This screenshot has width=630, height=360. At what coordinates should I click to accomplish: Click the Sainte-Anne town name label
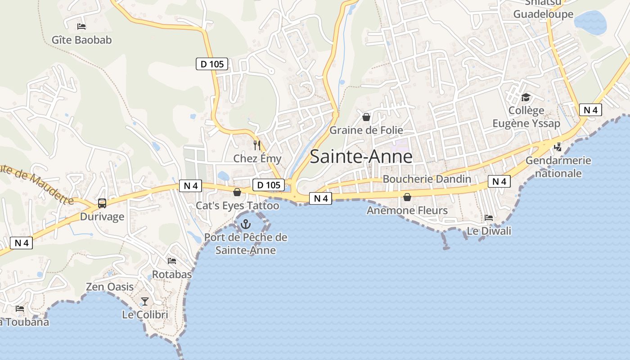(361, 156)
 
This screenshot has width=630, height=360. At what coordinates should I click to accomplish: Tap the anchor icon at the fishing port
(246, 223)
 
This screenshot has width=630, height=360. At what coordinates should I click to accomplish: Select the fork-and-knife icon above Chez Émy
(257, 145)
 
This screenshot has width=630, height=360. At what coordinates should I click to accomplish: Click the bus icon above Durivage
(102, 203)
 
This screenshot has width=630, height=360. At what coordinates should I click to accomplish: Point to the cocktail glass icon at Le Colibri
(145, 301)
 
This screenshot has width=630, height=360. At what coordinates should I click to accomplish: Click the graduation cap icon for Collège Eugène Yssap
(526, 97)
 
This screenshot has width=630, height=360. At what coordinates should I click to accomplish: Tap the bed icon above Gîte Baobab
(81, 27)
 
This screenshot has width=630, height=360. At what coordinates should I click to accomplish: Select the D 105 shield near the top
(212, 64)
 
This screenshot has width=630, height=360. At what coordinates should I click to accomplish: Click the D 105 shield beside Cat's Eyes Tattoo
(269, 184)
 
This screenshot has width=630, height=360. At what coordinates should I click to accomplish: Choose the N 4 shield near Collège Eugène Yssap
(590, 110)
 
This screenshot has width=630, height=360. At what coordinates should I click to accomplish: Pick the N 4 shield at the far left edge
(22, 243)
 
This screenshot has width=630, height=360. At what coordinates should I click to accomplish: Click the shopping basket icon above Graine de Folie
(366, 117)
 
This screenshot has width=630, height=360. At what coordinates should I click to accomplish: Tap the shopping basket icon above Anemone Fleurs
(407, 197)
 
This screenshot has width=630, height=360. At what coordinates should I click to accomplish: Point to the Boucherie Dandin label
(427, 179)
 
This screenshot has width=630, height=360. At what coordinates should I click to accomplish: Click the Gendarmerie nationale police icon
(558, 147)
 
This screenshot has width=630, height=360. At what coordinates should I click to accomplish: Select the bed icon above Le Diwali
(489, 218)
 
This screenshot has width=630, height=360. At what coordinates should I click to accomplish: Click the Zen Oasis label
(110, 287)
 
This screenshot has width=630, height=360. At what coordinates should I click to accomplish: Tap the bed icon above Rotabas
(171, 261)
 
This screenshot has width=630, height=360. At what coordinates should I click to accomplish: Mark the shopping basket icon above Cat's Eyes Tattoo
(237, 193)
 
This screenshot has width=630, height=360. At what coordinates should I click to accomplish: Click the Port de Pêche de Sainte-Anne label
(246, 243)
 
